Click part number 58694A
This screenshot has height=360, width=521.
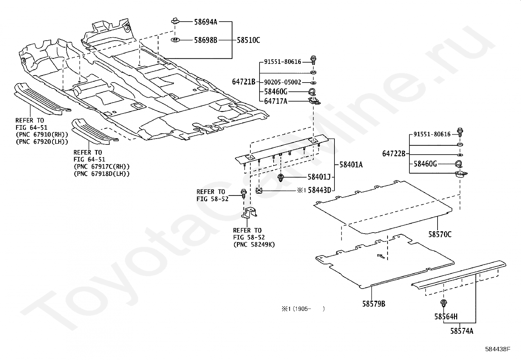[x=206, y=22]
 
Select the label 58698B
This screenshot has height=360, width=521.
[x=206, y=40]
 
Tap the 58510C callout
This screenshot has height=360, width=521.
[x=248, y=40]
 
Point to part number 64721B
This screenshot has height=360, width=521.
[x=243, y=82]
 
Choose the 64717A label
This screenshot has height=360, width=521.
[x=276, y=101]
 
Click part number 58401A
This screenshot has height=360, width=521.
[x=351, y=165]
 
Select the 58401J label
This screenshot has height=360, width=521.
[x=319, y=177]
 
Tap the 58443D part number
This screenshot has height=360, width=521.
[x=319, y=190]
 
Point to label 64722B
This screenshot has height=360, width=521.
[x=394, y=154]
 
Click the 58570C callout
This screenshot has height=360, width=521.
[x=440, y=234]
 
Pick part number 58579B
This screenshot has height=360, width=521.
[x=373, y=304]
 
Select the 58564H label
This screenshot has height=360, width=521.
[x=446, y=316]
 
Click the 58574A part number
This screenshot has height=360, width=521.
[x=461, y=331]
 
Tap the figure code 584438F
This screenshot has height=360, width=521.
[x=497, y=349]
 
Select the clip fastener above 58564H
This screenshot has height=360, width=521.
[x=444, y=303]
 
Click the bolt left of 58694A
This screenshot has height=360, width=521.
[x=174, y=22]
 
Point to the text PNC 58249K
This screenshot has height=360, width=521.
[x=254, y=244]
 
